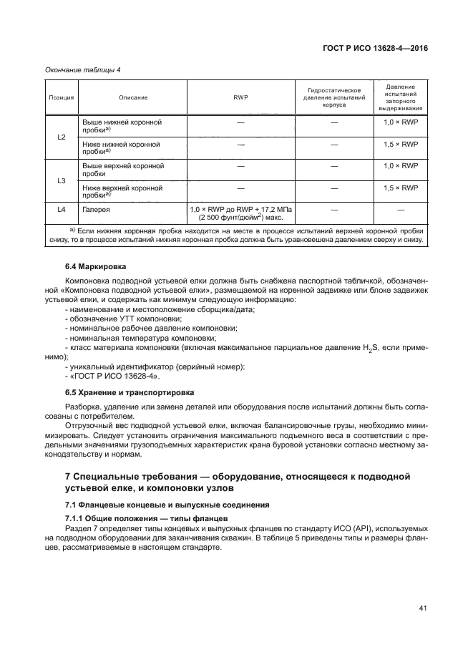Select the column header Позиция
pyautogui.click(x=61, y=97)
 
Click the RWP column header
pyautogui.click(x=240, y=97)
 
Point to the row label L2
pyautogui.click(x=61, y=136)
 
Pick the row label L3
pyautogui.click(x=61, y=180)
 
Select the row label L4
pyautogui.click(x=61, y=209)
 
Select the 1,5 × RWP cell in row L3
pyautogui.click(x=400, y=188)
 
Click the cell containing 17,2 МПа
pyautogui.click(x=240, y=213)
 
